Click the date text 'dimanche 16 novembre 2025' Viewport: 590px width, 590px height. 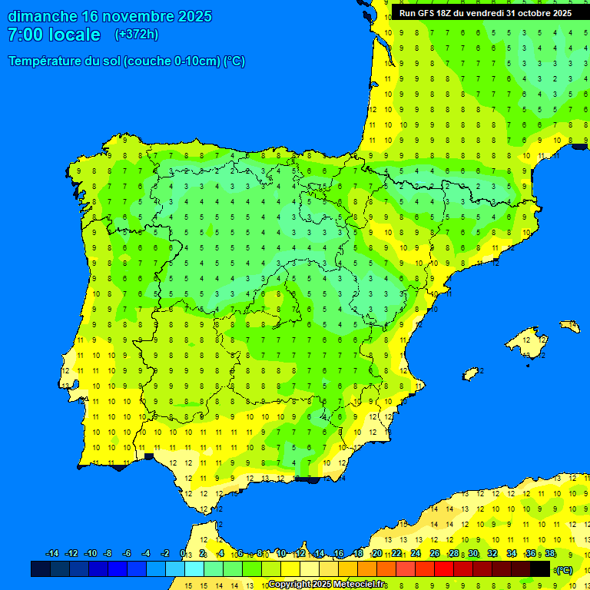[110, 16]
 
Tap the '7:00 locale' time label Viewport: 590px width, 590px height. [54, 35]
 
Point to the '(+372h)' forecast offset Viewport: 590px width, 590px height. [136, 35]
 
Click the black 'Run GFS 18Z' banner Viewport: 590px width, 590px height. [486, 13]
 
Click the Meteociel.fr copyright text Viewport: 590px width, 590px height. [326, 585]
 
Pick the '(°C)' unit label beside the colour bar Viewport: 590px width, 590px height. [564, 569]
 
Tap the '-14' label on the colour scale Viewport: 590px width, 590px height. [52, 554]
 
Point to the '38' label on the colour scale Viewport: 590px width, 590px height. [550, 554]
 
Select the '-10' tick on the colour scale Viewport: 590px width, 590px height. [90, 554]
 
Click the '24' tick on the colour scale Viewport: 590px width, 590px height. [416, 554]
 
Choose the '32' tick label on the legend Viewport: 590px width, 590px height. [492, 554]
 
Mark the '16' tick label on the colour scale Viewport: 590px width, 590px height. [339, 554]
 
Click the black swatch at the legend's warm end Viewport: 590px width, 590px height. [541, 568]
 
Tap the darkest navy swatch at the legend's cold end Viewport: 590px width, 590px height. [41, 568]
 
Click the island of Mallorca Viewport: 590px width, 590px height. [529, 337]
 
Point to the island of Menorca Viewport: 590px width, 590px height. [569, 326]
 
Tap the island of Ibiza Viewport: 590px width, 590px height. [471, 373]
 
